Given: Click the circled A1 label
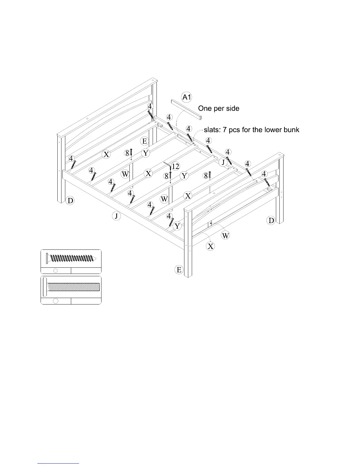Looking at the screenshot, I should pyautogui.click(x=187, y=97).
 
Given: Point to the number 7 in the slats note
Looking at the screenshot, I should pyautogui.click(x=224, y=130).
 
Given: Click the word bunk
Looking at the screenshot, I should pyautogui.click(x=290, y=130).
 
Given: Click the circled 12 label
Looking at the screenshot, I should pyautogui.click(x=175, y=167).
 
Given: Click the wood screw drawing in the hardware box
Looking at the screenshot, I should pyautogui.click(x=72, y=259).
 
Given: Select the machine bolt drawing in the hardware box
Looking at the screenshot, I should pyautogui.click(x=72, y=287).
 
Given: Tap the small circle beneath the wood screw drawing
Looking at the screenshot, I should pyautogui.click(x=56, y=271).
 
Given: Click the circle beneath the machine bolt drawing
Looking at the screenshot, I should pyautogui.click(x=56, y=301).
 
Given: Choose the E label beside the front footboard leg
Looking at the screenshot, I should pyautogui.click(x=179, y=269).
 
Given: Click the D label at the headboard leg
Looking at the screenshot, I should pyautogui.click(x=71, y=201).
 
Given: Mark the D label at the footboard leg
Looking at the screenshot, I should pyautogui.click(x=271, y=220).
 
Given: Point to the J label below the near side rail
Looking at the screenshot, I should pyautogui.click(x=116, y=217).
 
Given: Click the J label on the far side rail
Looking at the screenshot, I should pyautogui.click(x=223, y=162).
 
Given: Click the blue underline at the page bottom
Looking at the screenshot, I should pyautogui.click(x=59, y=463).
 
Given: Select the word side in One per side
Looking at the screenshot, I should pyautogui.click(x=233, y=109).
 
